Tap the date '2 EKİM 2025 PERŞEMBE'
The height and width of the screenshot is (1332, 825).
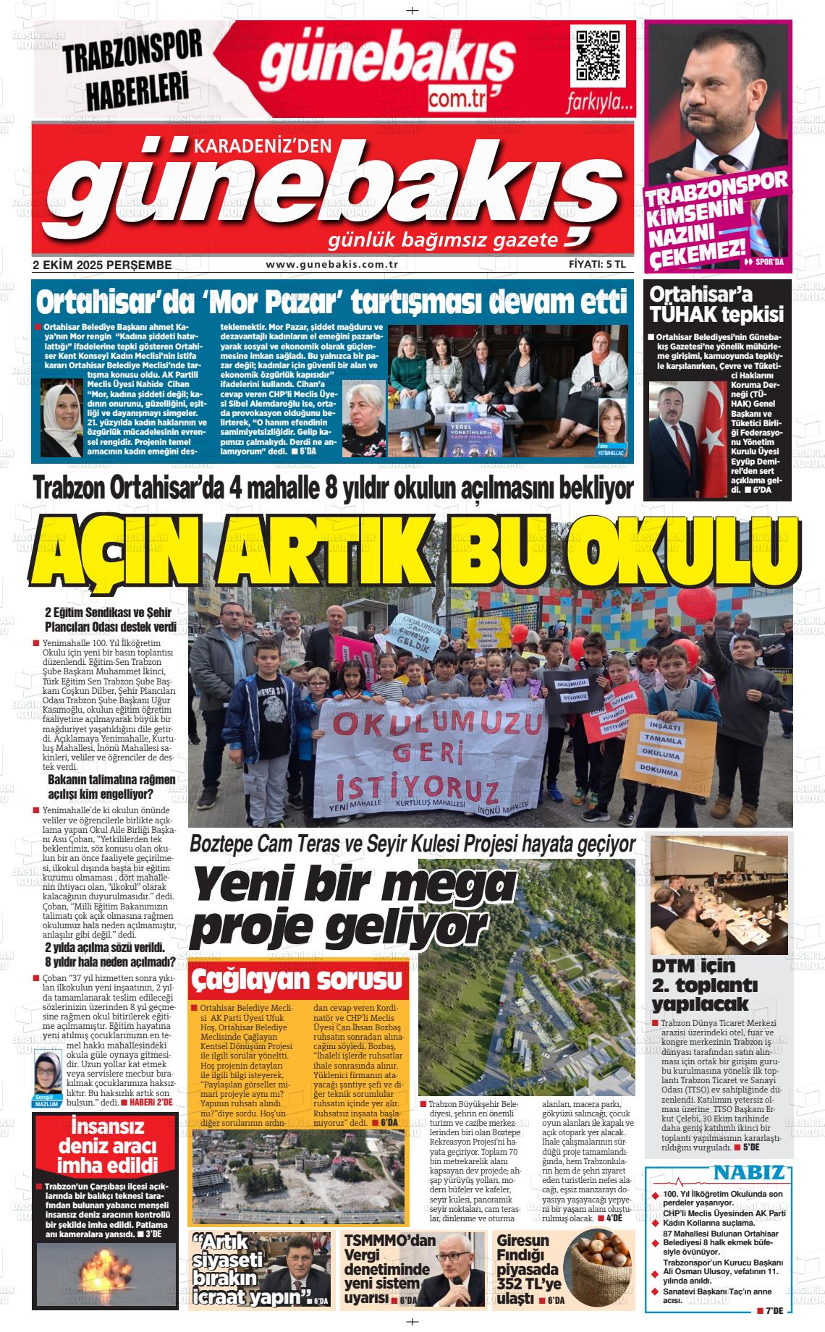coord(102,265)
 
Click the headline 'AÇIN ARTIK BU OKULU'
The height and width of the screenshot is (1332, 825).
coord(415,548)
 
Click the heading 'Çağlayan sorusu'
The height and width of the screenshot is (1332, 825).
coord(297,981)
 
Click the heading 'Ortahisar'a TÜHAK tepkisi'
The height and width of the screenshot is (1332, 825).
coord(716,305)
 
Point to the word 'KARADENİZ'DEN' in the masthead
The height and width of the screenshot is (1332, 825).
coord(262,146)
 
